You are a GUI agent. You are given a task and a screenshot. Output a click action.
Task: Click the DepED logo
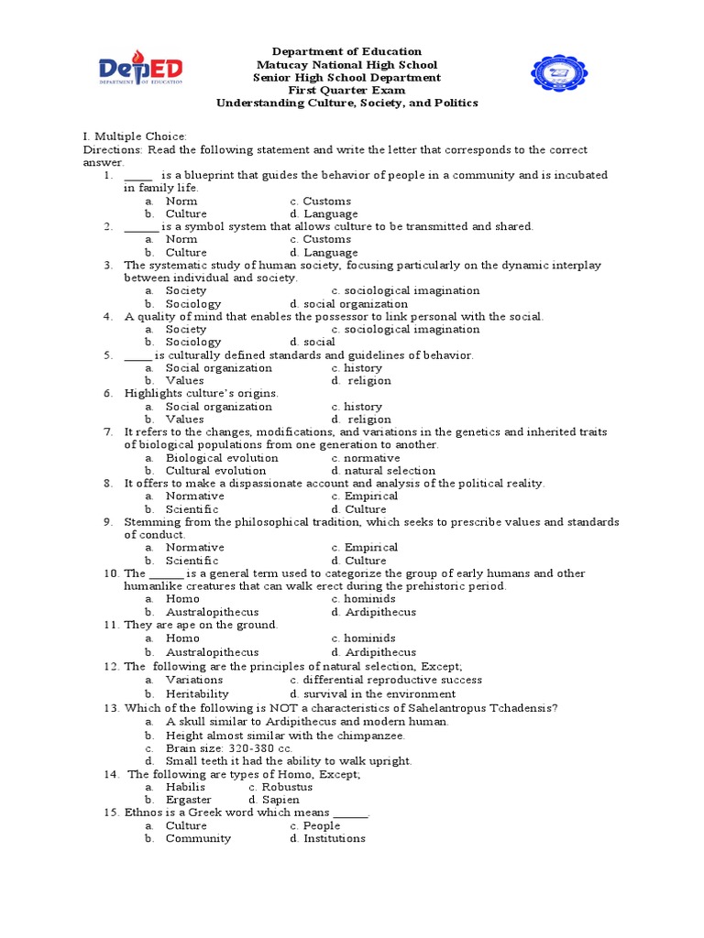[141, 72]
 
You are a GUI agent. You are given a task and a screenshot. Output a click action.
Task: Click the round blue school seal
[562, 77]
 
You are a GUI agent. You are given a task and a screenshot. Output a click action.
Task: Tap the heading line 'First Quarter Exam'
[346, 91]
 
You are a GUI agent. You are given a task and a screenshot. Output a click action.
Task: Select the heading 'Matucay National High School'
[346, 65]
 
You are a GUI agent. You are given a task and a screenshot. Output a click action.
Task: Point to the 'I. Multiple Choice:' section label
[135, 136]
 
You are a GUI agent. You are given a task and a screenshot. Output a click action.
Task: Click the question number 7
[107, 431]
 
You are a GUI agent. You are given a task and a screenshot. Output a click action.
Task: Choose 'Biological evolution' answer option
[222, 458]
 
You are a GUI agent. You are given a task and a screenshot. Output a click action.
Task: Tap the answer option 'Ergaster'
[188, 800]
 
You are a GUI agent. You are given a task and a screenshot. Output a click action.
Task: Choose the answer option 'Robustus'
[287, 787]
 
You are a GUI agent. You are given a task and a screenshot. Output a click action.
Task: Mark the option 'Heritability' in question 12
[197, 694]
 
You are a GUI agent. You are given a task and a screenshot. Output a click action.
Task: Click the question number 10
[110, 573]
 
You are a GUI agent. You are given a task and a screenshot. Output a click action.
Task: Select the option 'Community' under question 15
[198, 838]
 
